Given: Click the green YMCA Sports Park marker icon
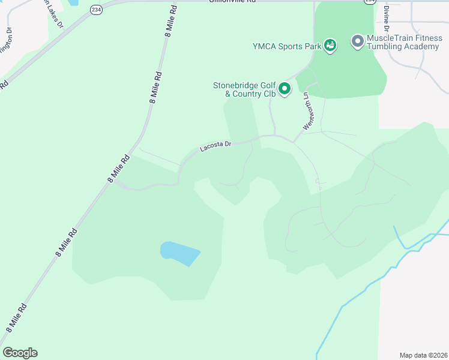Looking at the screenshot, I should [330, 45].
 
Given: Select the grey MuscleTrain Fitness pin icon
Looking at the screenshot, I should [357, 41].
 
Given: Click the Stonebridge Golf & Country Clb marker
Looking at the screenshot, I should [285, 89].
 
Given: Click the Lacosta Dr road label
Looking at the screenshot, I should [215, 147].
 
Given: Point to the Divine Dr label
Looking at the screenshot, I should [387, 19].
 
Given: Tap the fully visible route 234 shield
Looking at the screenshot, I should [96, 10].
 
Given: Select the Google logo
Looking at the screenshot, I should [20, 353].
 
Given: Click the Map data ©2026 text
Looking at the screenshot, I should [423, 355].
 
